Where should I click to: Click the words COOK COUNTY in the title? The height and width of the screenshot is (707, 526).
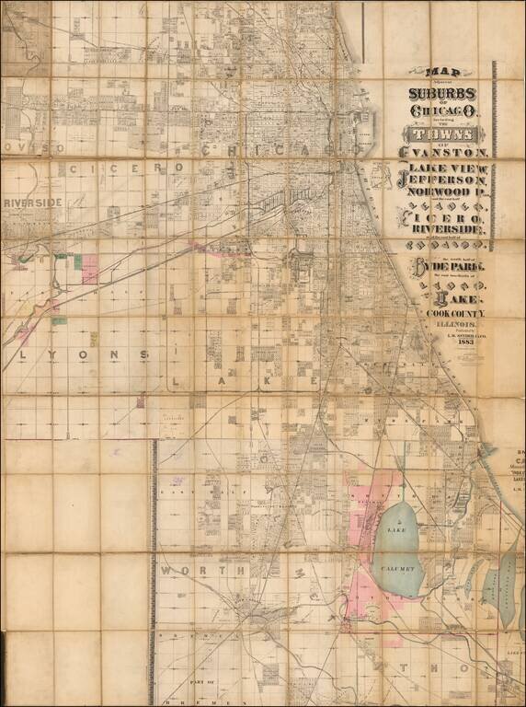[x=445, y=315]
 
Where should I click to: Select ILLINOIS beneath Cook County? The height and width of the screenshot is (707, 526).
[x=446, y=326]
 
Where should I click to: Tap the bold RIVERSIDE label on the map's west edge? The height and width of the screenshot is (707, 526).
[x=33, y=202]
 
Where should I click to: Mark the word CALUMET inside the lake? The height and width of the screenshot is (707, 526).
[x=399, y=569]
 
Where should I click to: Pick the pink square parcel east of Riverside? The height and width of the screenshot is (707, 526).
[x=89, y=269]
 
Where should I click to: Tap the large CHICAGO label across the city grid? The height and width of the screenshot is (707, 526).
[x=276, y=149]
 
